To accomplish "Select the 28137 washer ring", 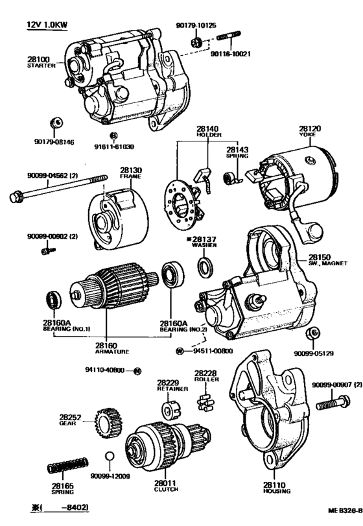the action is pyautogui.click(x=204, y=267).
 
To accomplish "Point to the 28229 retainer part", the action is pyautogui.click(x=171, y=409).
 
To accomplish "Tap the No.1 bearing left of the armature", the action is pyautogui.click(x=53, y=300).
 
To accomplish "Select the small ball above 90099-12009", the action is pyautogui.click(x=110, y=457).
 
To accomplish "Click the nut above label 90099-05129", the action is pyautogui.click(x=312, y=333).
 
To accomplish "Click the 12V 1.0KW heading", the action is pyautogui.click(x=47, y=25).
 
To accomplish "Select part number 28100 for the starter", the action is pyautogui.click(x=38, y=60).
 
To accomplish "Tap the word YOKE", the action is pyautogui.click(x=308, y=134).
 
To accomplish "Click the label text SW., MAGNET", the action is pyautogui.click(x=328, y=263).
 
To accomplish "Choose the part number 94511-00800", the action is pyautogui.click(x=213, y=351).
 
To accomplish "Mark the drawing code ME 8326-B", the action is pyautogui.click(x=345, y=511).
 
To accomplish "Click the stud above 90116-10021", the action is pyautogui.click(x=229, y=35).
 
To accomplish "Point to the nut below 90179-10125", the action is pyautogui.click(x=196, y=43).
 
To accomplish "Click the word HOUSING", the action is pyautogui.click(x=277, y=491).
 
